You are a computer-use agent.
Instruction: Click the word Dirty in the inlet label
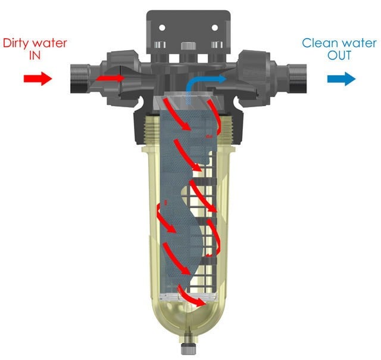click(18, 43)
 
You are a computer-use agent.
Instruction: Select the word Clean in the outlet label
click(317, 43)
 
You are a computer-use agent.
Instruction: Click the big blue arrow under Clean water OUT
click(341, 79)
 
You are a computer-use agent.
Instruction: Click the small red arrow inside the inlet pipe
click(111, 77)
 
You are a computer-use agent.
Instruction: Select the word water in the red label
click(50, 43)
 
